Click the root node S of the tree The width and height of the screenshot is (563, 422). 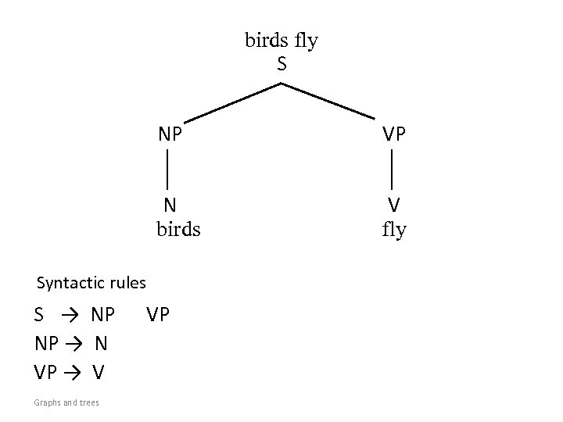click(281, 64)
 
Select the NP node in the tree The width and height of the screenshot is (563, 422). click(170, 134)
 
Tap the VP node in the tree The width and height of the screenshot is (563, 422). click(394, 134)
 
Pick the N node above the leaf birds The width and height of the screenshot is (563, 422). click(170, 205)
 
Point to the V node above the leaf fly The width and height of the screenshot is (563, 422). click(394, 205)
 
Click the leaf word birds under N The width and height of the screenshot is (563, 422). click(178, 229)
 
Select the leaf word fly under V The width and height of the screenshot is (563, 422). click(394, 231)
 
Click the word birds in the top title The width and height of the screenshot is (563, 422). click(267, 40)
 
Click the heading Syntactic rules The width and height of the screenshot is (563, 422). click(91, 282)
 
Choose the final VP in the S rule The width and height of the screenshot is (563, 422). click(158, 315)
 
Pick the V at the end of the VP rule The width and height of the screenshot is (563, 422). click(99, 372)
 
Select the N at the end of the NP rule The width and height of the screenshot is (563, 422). click(102, 344)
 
